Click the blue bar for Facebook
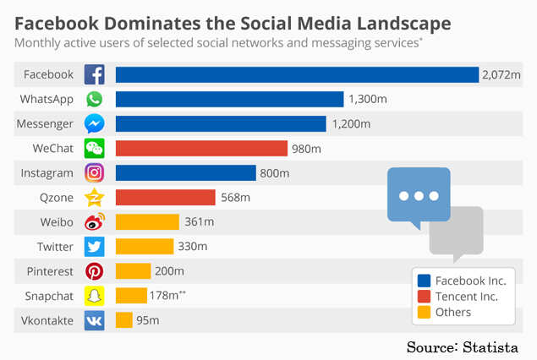tap(297, 74)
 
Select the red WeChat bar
tap(201, 149)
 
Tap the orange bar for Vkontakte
tap(124, 320)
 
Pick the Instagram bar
tap(185, 173)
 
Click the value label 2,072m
tap(501, 75)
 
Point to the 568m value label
tap(235, 198)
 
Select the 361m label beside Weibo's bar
tap(199, 222)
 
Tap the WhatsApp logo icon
tap(95, 100)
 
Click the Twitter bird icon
tap(95, 247)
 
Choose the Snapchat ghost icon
tap(95, 296)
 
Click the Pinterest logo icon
tap(95, 271)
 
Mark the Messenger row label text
tap(46, 124)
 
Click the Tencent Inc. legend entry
tap(466, 296)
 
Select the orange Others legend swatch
tap(425, 313)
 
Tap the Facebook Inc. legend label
tap(469, 280)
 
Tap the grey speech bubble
tap(456, 232)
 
